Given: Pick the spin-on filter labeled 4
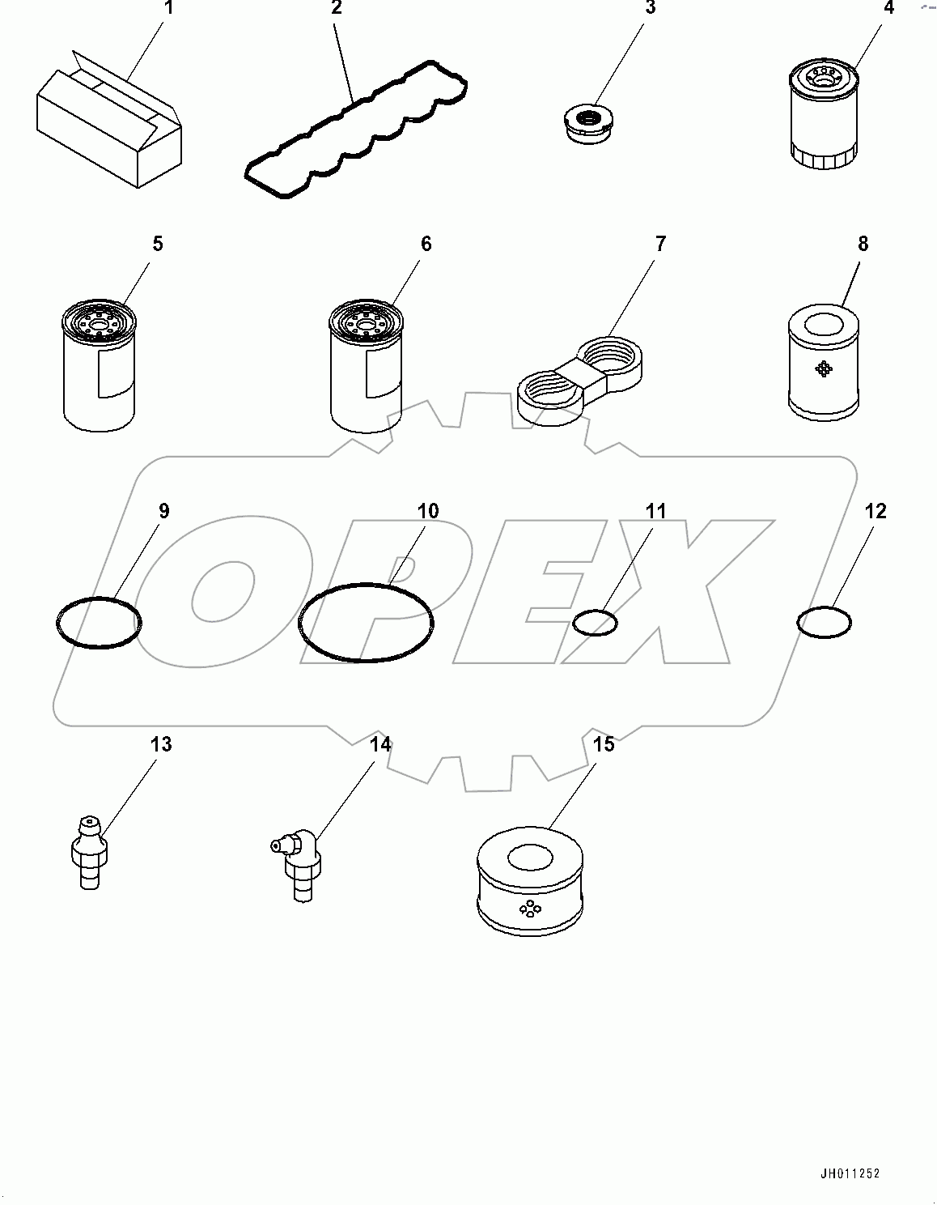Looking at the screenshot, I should click(x=823, y=118).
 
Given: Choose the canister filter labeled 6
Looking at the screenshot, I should click(x=366, y=364).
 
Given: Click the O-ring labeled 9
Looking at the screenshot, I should click(x=99, y=623).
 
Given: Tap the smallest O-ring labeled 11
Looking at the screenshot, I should click(x=595, y=623).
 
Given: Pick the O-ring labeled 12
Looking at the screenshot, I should click(x=824, y=622).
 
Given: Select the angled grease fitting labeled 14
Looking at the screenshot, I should click(x=298, y=865).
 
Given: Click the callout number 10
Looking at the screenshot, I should click(x=427, y=511).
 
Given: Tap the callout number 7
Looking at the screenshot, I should click(x=659, y=244).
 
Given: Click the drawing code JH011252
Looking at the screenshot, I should click(x=848, y=1173).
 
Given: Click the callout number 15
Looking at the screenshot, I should click(x=604, y=743).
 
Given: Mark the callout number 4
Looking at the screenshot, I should click(x=889, y=8).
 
